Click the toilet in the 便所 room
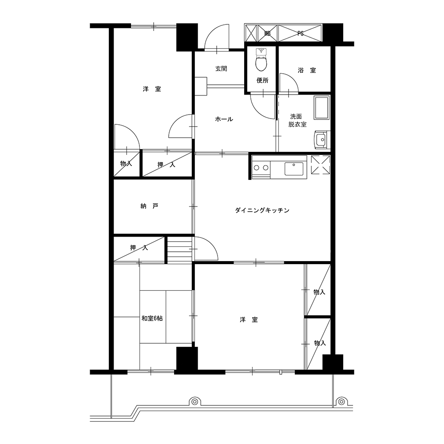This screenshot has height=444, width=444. [x=261, y=60]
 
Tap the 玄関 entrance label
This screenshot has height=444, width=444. [x=221, y=68]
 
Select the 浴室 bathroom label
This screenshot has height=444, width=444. [x=307, y=70]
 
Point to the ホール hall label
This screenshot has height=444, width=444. [x=224, y=119]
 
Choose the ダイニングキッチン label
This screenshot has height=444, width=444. [x=262, y=210]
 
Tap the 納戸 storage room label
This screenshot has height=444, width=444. [x=149, y=206]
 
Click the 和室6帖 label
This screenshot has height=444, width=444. [x=152, y=318]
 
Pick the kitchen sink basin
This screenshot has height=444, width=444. [x=294, y=169]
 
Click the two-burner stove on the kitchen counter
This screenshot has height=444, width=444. [x=261, y=168]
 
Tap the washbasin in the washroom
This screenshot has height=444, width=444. [x=321, y=139]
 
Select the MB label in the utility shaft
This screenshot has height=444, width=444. [x=267, y=33]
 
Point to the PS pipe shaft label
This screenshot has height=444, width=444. [x=301, y=33]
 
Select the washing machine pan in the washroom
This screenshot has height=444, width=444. [x=321, y=108]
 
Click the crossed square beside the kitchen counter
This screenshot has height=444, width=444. [x=321, y=165]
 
